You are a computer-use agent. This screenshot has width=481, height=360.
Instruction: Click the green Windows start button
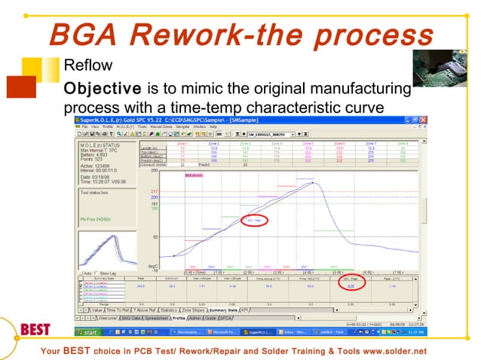click(x=89, y=332)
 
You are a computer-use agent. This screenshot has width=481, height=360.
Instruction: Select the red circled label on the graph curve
click(x=253, y=220)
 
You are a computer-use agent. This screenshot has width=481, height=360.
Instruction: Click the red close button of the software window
click(x=424, y=121)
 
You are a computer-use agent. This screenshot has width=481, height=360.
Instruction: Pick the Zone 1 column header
click(x=182, y=142)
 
